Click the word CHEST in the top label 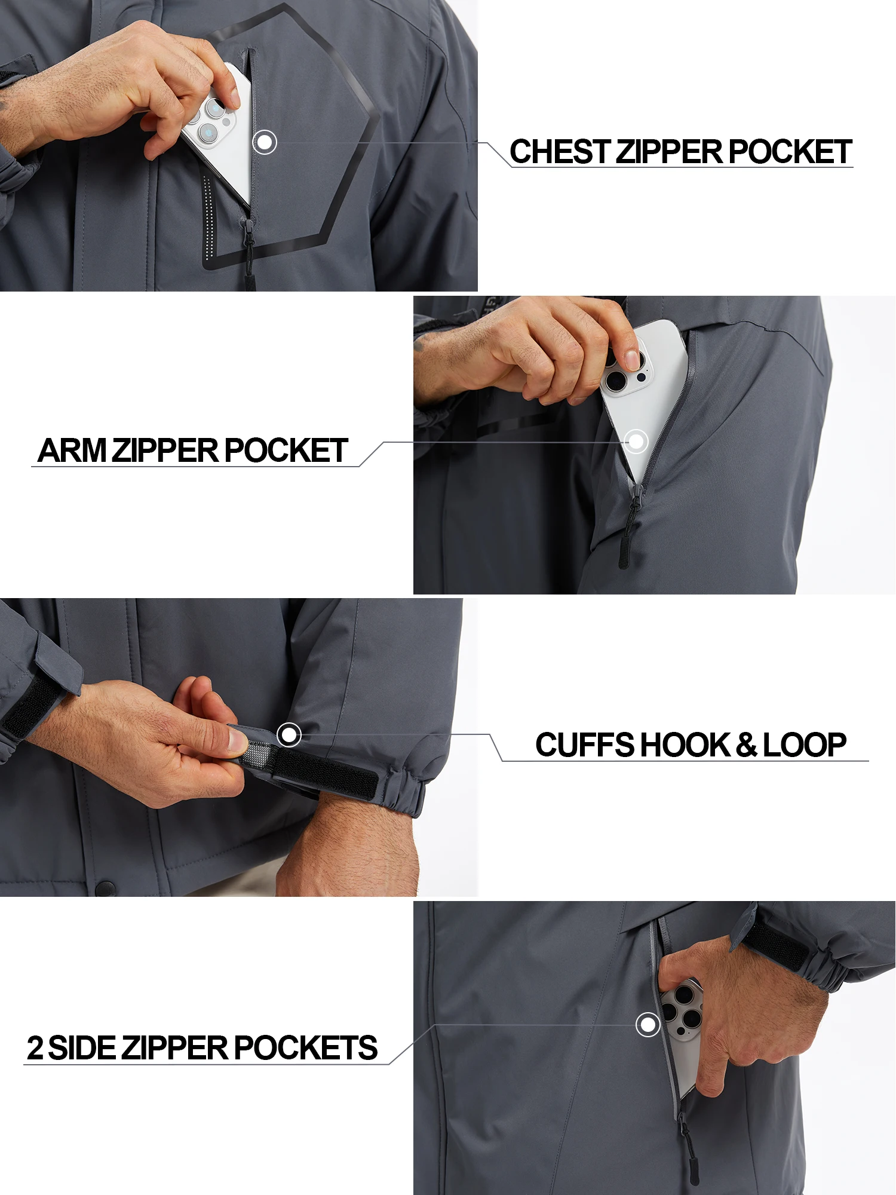[x=560, y=152]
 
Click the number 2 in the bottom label [x=35, y=1048]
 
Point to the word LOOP [x=805, y=745]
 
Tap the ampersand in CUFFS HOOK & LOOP [x=747, y=745]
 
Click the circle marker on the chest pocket [x=265, y=142]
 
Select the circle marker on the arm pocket [x=636, y=442]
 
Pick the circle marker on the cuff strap [x=290, y=734]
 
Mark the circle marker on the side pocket [x=648, y=1025]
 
